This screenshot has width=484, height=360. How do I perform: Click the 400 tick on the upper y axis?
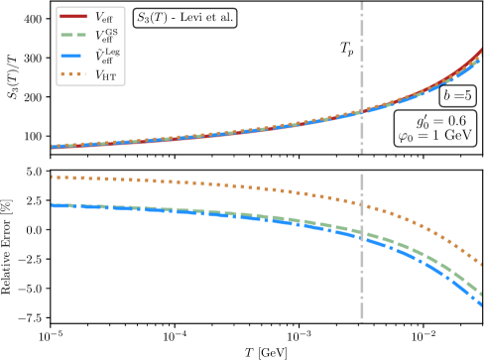click(x=32, y=19)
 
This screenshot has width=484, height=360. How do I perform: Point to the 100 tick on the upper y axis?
click(x=32, y=136)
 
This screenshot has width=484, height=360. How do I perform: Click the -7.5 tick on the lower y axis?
click(x=31, y=318)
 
